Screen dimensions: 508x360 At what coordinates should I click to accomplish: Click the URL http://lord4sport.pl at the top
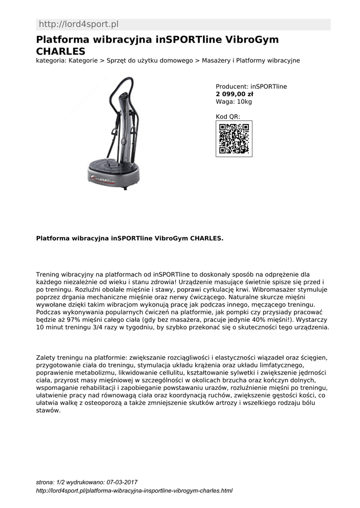(x=78, y=24)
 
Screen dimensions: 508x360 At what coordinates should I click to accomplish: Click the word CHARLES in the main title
(x=61, y=51)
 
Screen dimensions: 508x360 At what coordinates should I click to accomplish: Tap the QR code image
(x=234, y=138)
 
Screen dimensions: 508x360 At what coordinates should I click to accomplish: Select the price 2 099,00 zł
(x=234, y=94)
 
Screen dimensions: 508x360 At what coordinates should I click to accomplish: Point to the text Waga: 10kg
(x=234, y=102)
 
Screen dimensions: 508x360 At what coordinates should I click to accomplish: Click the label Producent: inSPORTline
(x=251, y=86)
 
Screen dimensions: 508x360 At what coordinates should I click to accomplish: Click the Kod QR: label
(x=228, y=117)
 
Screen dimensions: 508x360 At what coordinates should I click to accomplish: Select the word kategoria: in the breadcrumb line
(x=52, y=61)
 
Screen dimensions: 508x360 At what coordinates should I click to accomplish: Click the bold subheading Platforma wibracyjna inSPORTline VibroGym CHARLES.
(x=130, y=238)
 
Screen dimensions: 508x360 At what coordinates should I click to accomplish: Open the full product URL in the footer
(x=135, y=491)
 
